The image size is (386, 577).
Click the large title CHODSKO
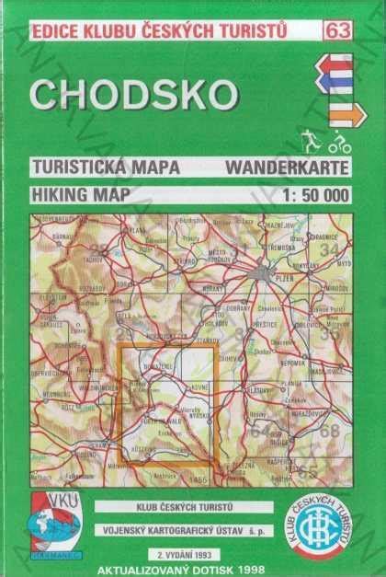[x=134, y=95]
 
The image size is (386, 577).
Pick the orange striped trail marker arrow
[x=347, y=115]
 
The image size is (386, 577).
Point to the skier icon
[x=312, y=141]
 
